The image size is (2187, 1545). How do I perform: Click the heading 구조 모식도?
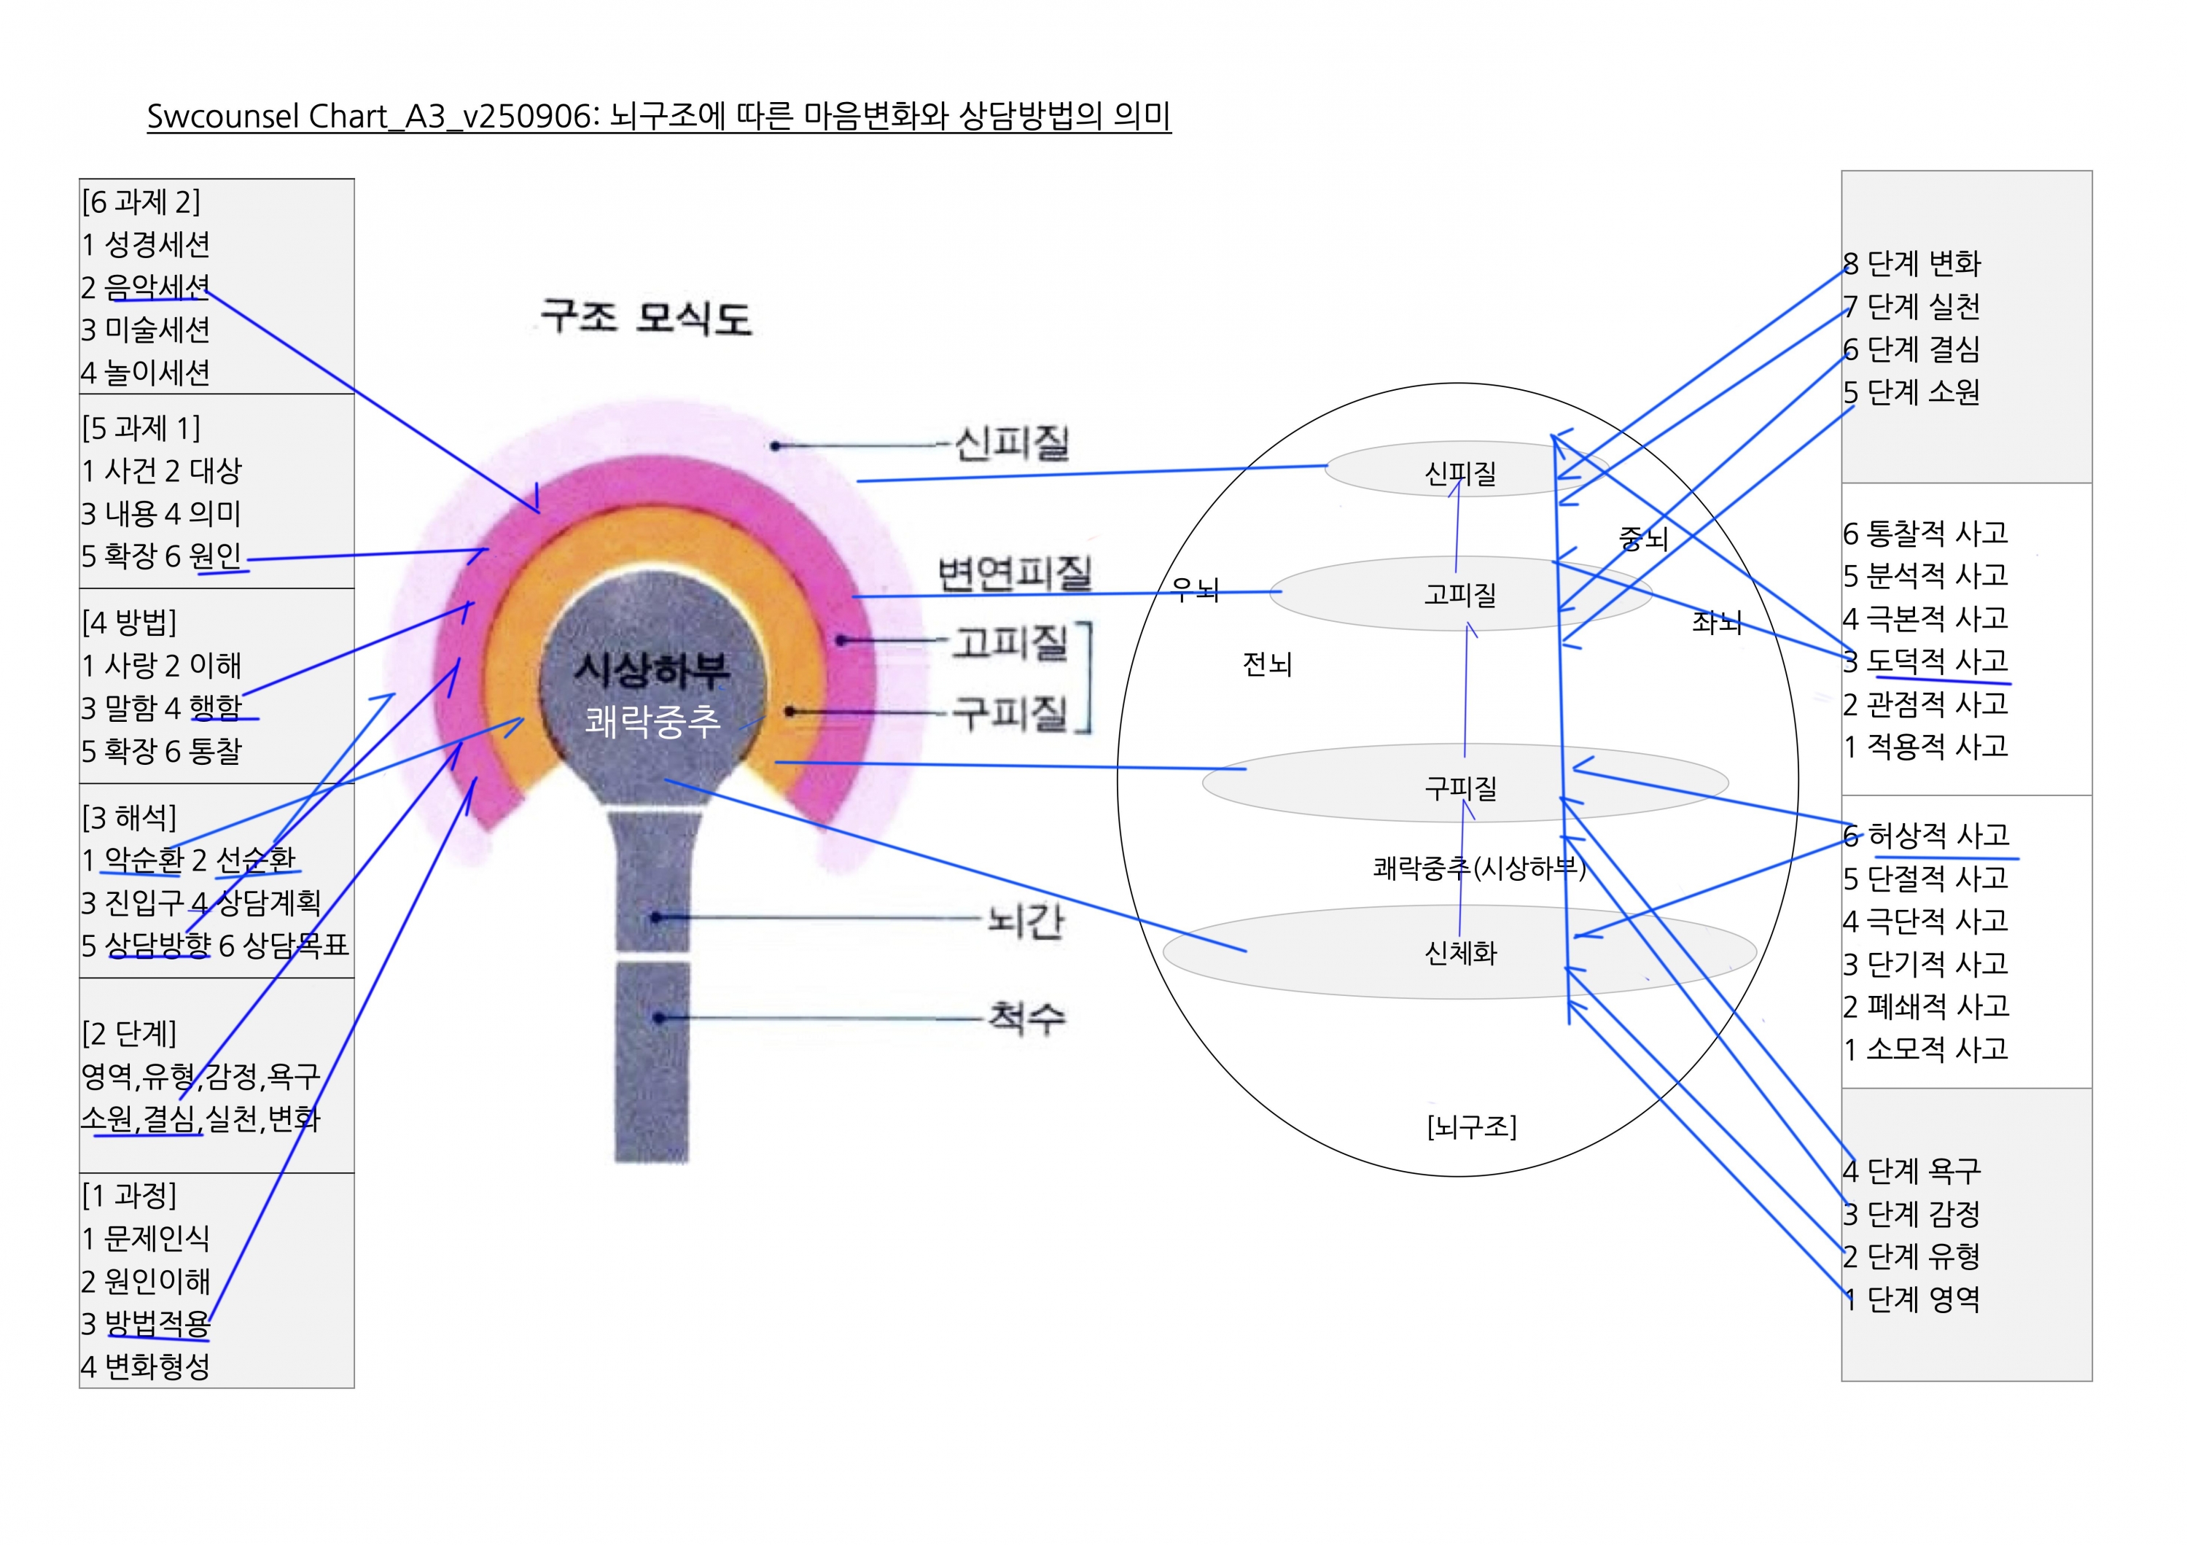(646, 316)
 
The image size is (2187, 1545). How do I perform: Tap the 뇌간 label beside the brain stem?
(1025, 920)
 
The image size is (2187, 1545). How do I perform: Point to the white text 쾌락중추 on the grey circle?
(652, 721)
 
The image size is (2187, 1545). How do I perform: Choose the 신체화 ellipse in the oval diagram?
(1459, 952)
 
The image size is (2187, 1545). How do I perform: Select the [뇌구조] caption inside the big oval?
(1472, 1126)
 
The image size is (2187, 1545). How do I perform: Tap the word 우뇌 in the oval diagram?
(1196, 591)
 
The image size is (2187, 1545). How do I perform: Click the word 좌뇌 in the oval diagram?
(1717, 622)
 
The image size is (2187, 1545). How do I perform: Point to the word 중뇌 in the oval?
(1643, 539)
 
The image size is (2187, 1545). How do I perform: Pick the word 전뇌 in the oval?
(1267, 664)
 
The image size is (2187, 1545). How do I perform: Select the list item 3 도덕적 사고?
(1925, 660)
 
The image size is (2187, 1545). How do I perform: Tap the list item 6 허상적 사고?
(1926, 836)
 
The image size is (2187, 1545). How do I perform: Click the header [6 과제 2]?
(141, 202)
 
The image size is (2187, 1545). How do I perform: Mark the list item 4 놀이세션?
(146, 373)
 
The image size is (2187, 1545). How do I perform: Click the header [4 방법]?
(130, 622)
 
